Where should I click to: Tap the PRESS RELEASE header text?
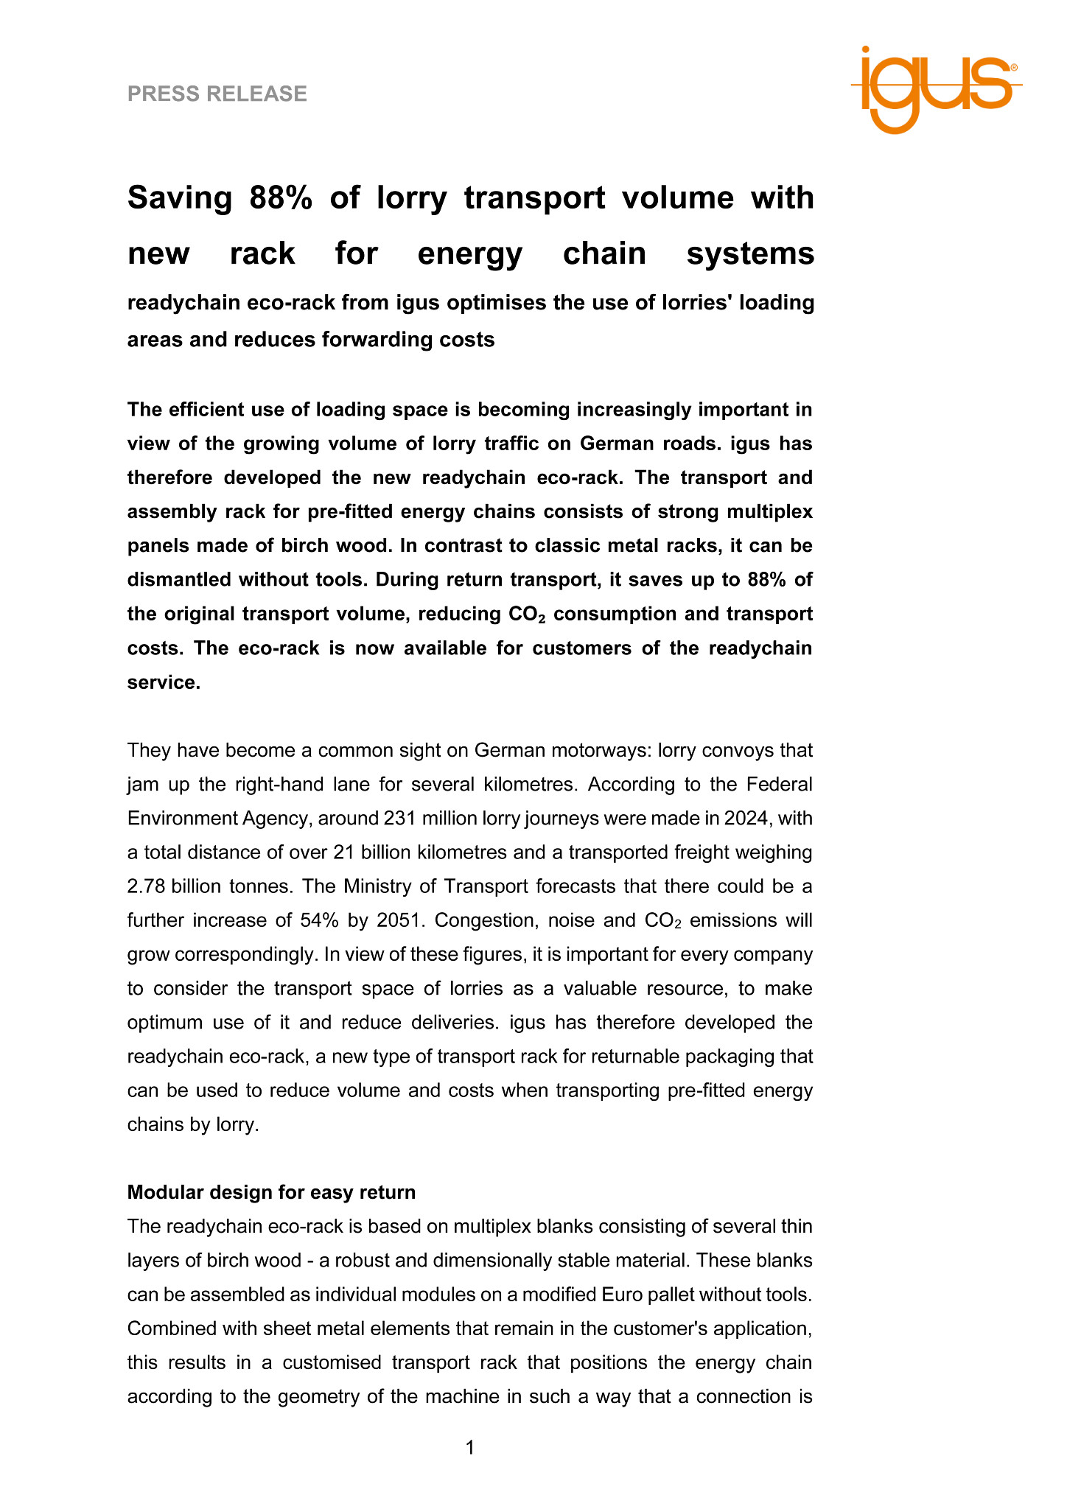point(217,94)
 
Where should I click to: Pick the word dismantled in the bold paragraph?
point(180,580)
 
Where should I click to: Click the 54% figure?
point(320,920)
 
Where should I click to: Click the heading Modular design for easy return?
point(271,1192)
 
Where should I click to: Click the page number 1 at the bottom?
point(470,1449)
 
